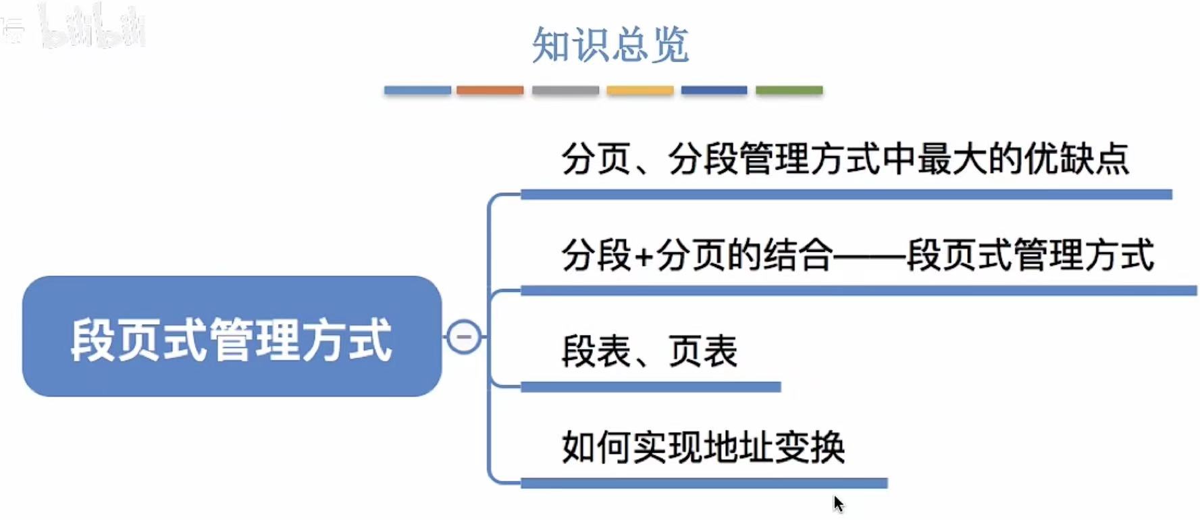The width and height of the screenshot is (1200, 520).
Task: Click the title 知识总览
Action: (610, 45)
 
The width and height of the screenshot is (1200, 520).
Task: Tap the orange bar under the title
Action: (490, 90)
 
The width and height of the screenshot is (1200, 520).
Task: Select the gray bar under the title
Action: (565, 90)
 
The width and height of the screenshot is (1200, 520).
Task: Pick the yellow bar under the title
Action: (640, 90)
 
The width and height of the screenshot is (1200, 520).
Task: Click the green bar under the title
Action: (789, 90)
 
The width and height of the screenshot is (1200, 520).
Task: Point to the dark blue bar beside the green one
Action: (714, 90)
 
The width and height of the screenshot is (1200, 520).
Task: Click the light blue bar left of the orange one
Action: (417, 90)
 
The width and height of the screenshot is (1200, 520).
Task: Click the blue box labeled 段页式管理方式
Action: (232, 336)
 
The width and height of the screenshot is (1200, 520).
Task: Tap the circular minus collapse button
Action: (464, 336)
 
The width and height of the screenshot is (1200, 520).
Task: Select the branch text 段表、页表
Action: (649, 351)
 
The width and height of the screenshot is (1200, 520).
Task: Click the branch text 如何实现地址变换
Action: (703, 447)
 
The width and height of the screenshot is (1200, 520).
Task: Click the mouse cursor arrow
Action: (837, 502)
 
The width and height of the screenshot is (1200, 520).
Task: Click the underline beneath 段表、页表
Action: (650, 387)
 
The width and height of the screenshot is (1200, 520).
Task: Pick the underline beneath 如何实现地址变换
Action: (704, 483)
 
